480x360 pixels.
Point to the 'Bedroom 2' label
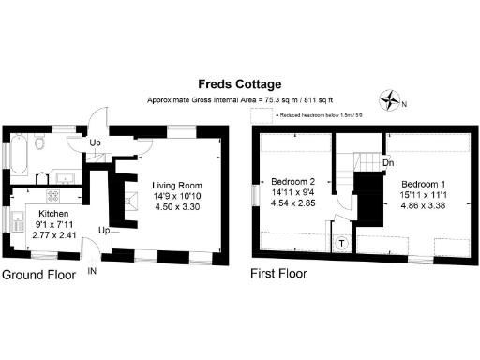click(293, 181)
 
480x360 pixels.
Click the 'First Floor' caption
click(277, 275)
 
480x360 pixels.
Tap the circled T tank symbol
click(341, 242)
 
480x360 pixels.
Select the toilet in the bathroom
click(39, 143)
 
